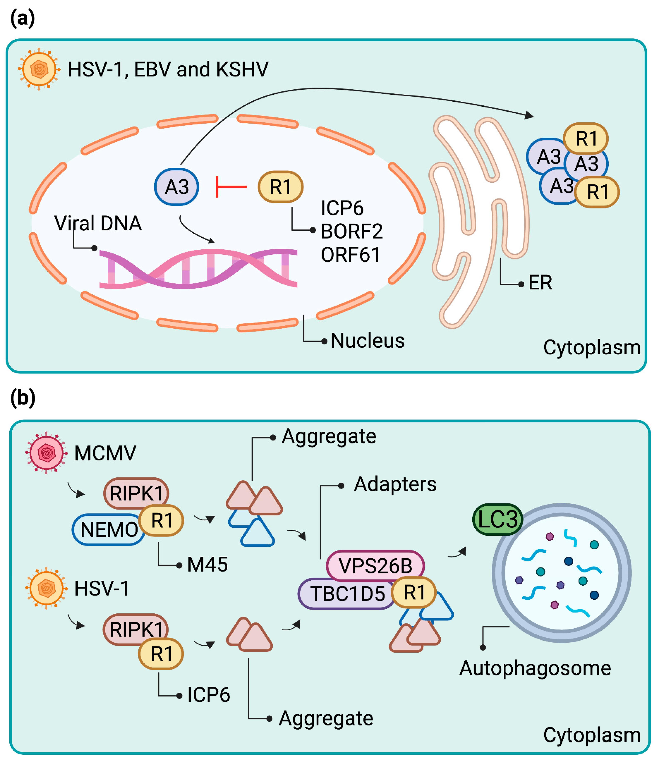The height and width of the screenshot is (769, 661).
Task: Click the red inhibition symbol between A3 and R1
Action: pos(231,187)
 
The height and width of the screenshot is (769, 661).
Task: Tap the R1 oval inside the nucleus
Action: pos(281,187)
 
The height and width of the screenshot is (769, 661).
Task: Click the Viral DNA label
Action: pos(98,223)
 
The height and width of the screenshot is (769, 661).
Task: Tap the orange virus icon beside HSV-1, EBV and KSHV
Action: pos(39,69)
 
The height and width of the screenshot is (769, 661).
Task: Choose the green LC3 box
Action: pos(497,519)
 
